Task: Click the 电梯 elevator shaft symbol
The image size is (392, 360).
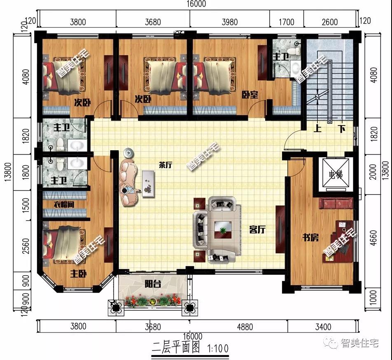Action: point(336,173)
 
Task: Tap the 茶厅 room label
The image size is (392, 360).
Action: point(166,165)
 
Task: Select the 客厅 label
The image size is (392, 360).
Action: point(257,229)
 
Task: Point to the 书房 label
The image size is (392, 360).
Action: point(310,237)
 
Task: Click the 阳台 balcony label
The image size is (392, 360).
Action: point(153,284)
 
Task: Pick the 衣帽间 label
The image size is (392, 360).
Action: point(64,204)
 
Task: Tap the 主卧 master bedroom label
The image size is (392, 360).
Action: point(78,274)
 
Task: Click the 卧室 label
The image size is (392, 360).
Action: point(250,95)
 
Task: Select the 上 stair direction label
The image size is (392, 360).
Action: point(317,128)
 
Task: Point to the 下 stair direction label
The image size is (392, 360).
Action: point(342,128)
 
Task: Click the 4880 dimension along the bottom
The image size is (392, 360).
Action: point(245,327)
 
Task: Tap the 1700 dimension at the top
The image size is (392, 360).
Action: point(287,22)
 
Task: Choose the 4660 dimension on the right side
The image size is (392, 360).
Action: point(373,237)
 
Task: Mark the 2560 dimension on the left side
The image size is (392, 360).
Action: point(26,246)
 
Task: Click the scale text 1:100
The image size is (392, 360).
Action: point(218,348)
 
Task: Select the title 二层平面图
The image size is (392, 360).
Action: point(176,348)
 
